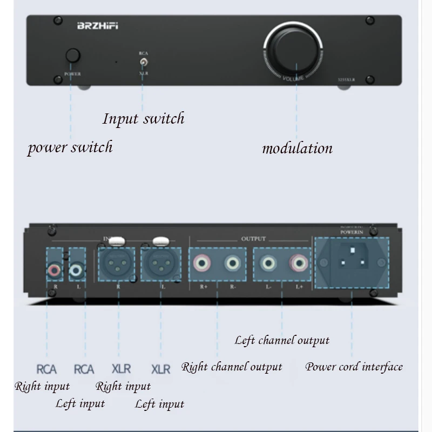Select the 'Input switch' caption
tap(144, 118)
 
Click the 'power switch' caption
tap(70, 147)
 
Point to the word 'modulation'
tap(297, 148)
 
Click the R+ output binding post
tap(202, 264)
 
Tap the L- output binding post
tap(268, 264)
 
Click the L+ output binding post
tap(298, 264)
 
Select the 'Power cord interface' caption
tap(354, 367)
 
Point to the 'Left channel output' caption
tap(282, 340)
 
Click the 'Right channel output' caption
tap(232, 367)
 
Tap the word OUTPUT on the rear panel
tap(253, 239)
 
